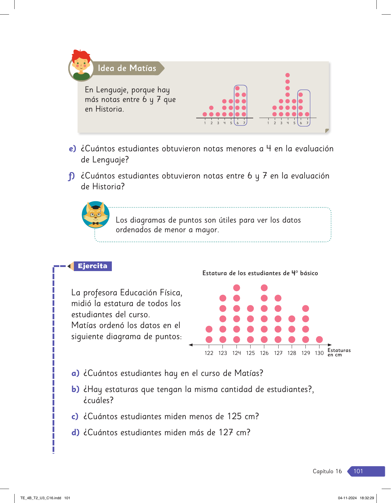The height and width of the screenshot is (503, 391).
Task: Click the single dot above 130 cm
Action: coord(319,339)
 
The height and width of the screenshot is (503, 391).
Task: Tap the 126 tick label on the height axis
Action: coord(264,353)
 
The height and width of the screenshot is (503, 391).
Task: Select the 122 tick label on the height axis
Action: coord(209,353)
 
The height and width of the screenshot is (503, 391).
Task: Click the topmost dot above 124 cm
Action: coord(237,288)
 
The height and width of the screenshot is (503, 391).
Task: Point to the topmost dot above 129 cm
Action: coord(305,308)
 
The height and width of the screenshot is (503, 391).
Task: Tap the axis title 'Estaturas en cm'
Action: coord(339,352)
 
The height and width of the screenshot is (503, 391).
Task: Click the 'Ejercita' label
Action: coord(93,266)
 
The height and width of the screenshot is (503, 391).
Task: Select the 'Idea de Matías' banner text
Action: coord(127,68)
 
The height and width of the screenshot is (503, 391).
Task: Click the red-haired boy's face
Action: coord(81,65)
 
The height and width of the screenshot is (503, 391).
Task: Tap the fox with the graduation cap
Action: coord(96,215)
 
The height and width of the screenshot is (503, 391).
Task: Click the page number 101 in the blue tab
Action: coord(358,471)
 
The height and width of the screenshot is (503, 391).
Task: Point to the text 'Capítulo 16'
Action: coord(327,471)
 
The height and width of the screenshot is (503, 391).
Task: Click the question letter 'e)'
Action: coord(72,149)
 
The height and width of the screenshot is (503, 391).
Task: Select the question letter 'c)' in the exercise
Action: coord(75,417)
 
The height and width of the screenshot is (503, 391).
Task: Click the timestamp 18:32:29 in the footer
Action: coord(367,498)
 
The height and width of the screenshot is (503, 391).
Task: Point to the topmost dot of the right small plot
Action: coord(288,75)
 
